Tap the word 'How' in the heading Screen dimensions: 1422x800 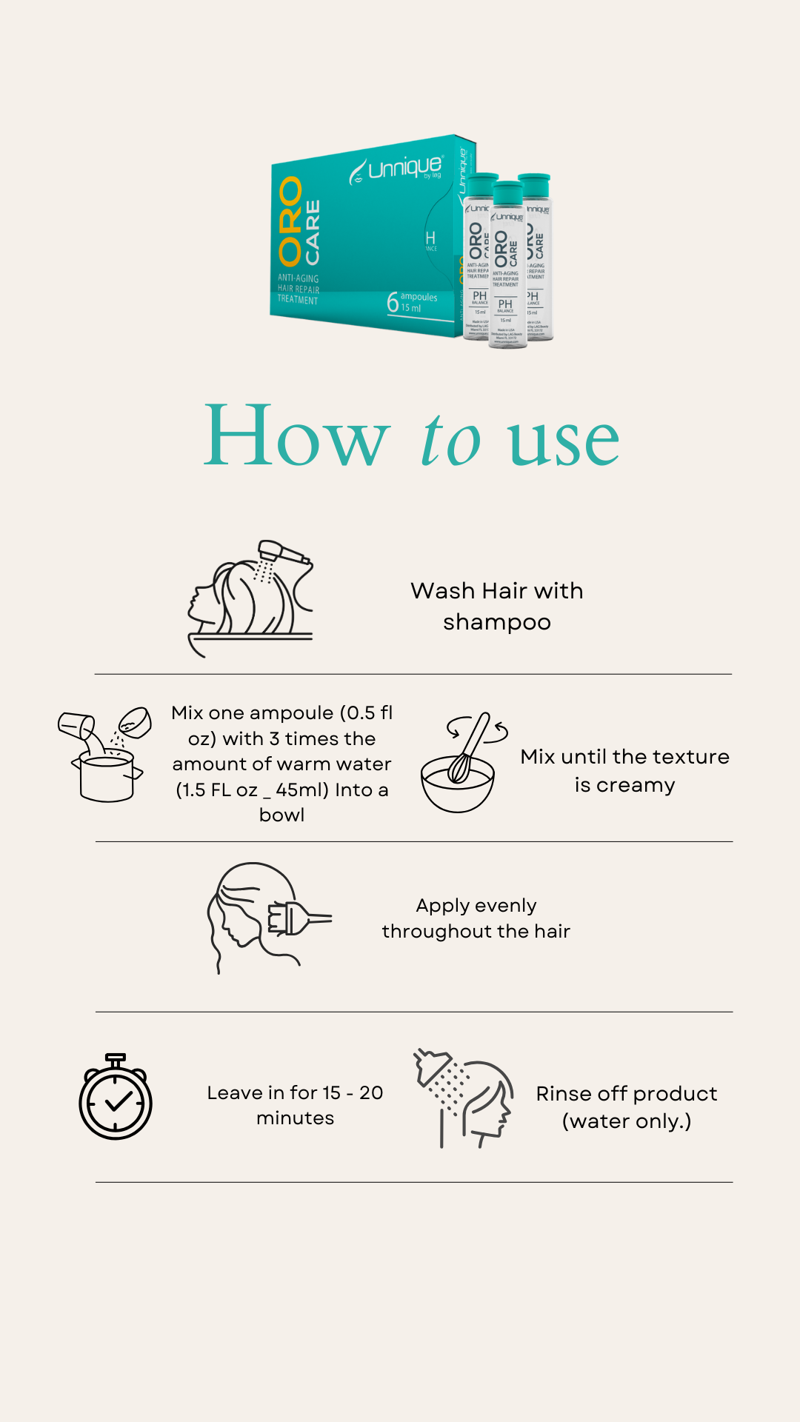(296, 437)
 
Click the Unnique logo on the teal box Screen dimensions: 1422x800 (397, 169)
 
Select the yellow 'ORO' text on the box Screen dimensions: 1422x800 (290, 221)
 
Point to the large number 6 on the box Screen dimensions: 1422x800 (393, 302)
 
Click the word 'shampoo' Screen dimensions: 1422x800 (497, 622)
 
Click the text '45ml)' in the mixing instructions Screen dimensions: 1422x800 (303, 790)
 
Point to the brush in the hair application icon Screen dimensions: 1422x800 (296, 918)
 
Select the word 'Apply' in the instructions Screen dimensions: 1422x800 (443, 906)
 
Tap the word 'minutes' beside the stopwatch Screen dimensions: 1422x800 (295, 1118)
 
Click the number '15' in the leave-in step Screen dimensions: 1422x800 (331, 1093)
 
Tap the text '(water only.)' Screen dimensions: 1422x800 (627, 1121)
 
